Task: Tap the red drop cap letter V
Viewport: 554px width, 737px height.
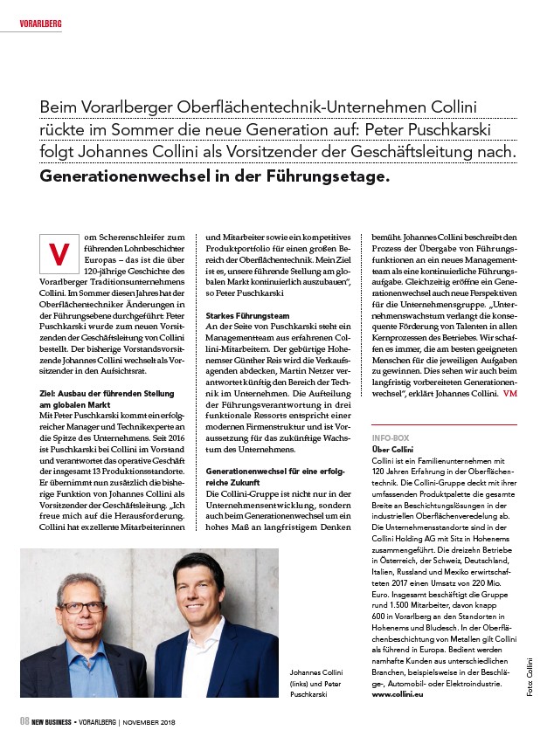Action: click(59, 252)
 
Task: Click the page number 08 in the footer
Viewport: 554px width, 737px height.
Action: click(26, 720)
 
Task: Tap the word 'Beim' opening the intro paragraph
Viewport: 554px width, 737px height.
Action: click(60, 107)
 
